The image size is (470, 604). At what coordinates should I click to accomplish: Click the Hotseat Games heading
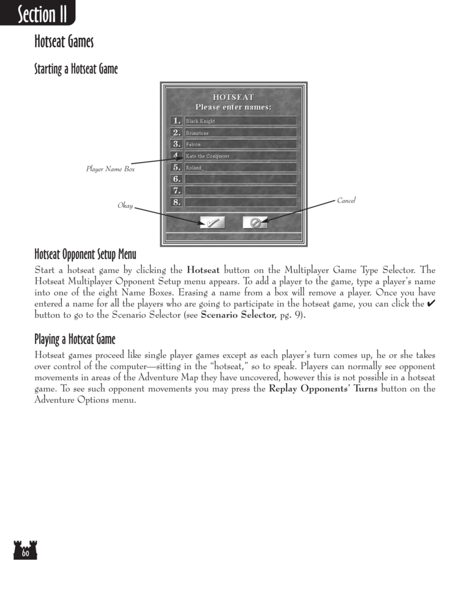coord(64,43)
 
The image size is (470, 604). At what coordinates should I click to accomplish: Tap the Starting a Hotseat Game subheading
coord(76,69)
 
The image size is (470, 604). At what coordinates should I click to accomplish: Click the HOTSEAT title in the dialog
coord(233,97)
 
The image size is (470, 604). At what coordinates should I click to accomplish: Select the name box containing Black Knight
coord(241,121)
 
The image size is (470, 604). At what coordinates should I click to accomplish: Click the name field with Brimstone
coord(241,133)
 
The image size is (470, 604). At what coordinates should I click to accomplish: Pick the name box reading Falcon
coord(241,144)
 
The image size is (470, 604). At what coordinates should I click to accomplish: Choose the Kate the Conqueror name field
coord(241,156)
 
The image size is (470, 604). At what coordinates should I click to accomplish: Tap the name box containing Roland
coord(241,167)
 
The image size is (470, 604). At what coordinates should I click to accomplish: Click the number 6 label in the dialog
coord(176,179)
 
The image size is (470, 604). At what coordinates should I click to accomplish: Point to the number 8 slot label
coord(176,202)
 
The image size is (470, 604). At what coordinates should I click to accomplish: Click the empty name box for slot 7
coord(241,190)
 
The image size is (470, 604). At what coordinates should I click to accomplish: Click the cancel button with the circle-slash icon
coord(255,223)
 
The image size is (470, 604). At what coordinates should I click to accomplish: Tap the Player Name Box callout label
coord(110,169)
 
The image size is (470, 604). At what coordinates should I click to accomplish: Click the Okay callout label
coord(125,206)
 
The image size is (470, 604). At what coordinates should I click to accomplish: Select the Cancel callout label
coord(346,201)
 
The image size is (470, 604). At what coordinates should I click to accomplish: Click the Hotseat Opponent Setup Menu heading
coord(85,254)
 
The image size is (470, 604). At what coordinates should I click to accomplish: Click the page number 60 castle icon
coord(25,550)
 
